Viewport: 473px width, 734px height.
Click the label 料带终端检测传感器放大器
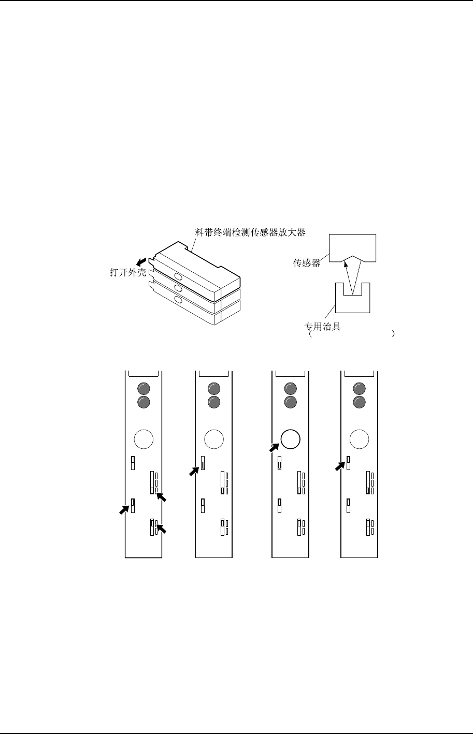point(250,232)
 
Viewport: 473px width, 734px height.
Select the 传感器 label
point(306,263)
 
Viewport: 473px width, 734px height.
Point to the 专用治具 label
point(322,327)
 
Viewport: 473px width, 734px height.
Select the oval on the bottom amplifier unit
point(178,300)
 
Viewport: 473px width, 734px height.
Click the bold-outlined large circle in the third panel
point(290,439)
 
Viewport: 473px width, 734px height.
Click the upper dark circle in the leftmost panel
point(144,389)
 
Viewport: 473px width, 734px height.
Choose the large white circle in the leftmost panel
point(144,439)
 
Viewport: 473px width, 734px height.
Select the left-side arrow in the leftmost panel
point(124,509)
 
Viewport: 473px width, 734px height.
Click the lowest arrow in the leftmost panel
point(162,529)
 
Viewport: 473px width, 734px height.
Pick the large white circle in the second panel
point(213,439)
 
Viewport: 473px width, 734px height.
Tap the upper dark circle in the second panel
point(213,389)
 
